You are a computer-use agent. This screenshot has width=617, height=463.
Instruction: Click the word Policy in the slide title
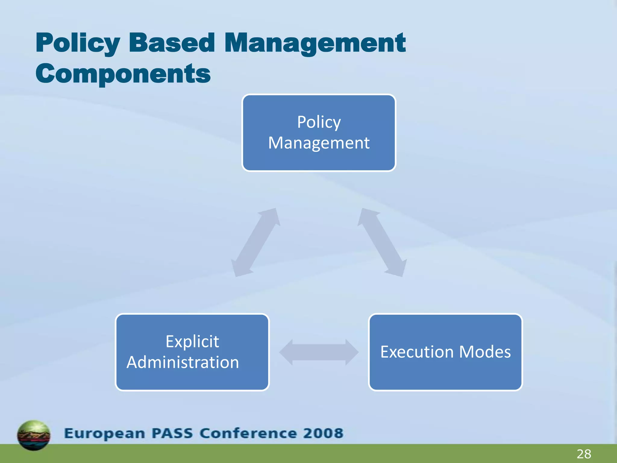(x=78, y=43)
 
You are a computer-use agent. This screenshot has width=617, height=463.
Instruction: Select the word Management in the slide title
(x=315, y=43)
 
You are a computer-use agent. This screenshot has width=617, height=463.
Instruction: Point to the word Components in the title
(x=123, y=74)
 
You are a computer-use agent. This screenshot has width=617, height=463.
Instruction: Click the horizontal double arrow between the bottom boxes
(x=319, y=352)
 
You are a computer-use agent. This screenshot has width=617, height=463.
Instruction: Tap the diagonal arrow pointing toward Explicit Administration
(x=255, y=242)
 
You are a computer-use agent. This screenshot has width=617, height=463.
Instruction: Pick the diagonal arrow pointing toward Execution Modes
(x=382, y=242)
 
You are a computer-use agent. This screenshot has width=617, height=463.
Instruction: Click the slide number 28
(x=584, y=454)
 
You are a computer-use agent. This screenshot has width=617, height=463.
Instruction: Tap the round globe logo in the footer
(x=34, y=435)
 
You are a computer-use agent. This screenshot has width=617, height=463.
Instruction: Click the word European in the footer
(x=105, y=433)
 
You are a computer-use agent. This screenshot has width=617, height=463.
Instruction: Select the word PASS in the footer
(x=172, y=433)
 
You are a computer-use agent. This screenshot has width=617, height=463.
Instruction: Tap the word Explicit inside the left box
(x=192, y=342)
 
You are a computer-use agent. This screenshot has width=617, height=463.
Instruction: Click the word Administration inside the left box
(x=183, y=362)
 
